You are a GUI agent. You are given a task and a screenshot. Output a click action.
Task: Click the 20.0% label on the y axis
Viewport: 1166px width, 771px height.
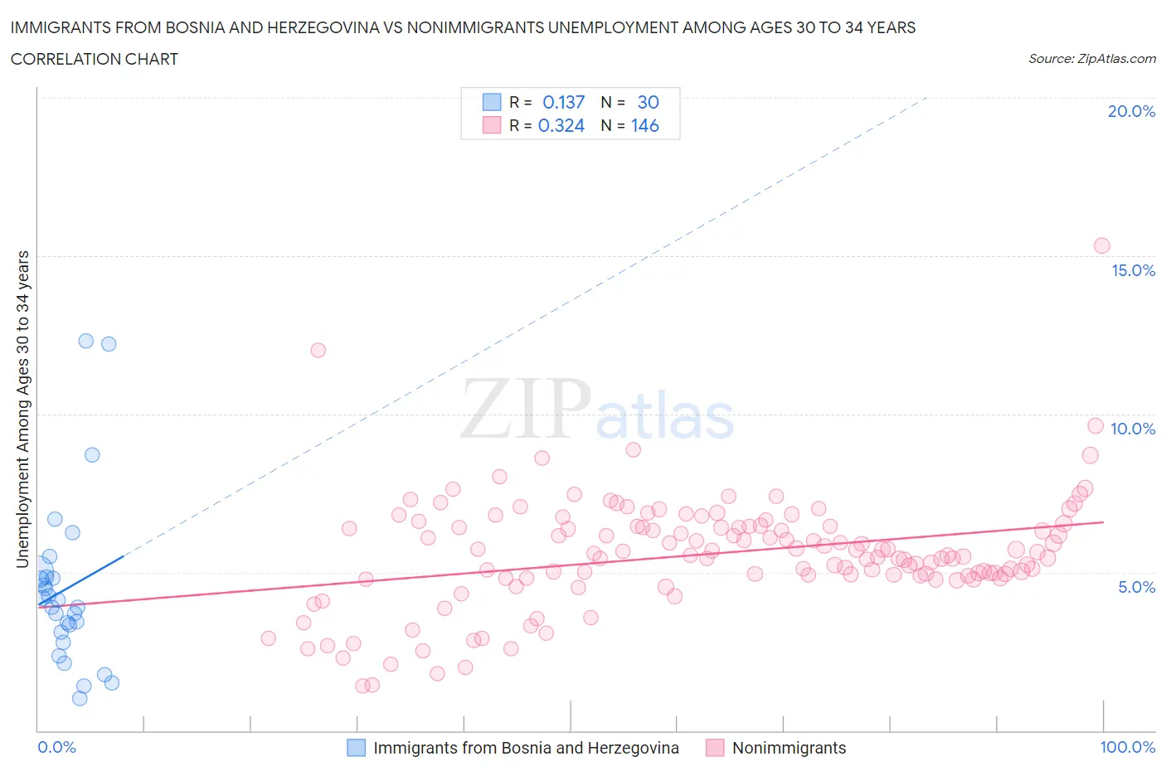point(1131,111)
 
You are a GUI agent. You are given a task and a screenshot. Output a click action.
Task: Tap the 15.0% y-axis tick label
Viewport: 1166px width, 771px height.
point(1133,270)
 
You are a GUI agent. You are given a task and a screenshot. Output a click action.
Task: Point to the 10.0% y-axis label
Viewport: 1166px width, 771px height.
point(1133,429)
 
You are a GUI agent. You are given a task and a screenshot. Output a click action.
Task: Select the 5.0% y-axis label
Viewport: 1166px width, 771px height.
point(1136,587)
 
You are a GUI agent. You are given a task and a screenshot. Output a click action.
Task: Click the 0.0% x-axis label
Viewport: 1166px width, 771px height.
point(56,747)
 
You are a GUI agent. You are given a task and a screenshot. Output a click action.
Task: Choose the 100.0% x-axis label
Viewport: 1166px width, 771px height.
point(1127,747)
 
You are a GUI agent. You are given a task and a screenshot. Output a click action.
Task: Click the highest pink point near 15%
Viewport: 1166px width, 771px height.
point(1101,245)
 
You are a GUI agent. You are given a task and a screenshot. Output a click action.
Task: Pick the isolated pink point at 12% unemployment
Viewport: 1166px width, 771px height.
point(318,350)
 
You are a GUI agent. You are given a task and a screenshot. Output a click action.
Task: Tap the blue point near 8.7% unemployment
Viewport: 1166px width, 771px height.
point(92,455)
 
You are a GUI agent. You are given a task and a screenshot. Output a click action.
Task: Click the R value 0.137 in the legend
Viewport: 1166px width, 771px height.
point(563,102)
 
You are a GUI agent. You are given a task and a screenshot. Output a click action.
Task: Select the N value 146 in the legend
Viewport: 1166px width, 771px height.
point(644,125)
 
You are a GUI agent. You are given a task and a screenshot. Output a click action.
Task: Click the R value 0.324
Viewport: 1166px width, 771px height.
point(561,125)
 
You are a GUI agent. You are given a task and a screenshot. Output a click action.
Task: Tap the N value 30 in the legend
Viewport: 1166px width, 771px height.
point(648,102)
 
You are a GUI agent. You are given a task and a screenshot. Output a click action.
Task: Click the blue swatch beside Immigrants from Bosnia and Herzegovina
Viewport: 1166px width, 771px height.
point(356,748)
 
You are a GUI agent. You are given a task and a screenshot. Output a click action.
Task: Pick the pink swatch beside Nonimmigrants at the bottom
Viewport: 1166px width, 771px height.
point(714,748)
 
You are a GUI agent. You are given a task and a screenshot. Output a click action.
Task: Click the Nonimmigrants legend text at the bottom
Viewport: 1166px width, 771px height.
point(789,748)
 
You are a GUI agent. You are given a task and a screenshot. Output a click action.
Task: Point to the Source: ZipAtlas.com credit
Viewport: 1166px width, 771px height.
point(1091,59)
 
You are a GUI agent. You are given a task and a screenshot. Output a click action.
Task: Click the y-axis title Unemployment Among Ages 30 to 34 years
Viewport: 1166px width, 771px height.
point(23,409)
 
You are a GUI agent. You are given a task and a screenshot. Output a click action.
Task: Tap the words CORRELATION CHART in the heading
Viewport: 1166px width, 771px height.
point(95,59)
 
